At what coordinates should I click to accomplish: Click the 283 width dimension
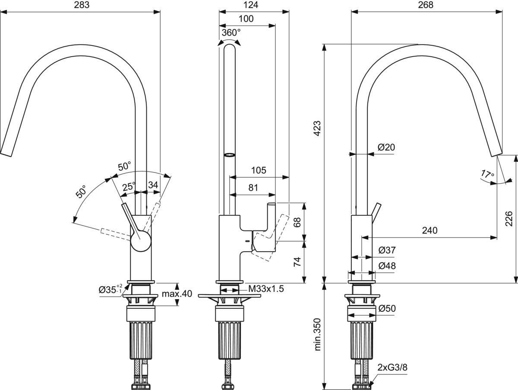click(80, 5)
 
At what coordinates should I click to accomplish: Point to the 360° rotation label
click(231, 33)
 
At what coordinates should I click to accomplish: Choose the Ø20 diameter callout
click(386, 147)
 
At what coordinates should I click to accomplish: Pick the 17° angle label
click(487, 175)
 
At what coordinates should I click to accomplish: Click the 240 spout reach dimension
click(429, 230)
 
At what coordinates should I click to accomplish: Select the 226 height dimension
click(509, 218)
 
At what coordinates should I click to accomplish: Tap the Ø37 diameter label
click(387, 250)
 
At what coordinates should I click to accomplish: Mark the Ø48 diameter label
click(387, 266)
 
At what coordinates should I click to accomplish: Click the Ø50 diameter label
click(387, 309)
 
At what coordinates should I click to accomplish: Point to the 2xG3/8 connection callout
click(392, 368)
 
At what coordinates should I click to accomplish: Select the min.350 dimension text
click(319, 335)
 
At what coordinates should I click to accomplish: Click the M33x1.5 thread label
click(266, 289)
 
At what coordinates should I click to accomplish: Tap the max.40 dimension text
click(177, 294)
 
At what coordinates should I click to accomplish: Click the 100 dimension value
click(246, 19)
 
